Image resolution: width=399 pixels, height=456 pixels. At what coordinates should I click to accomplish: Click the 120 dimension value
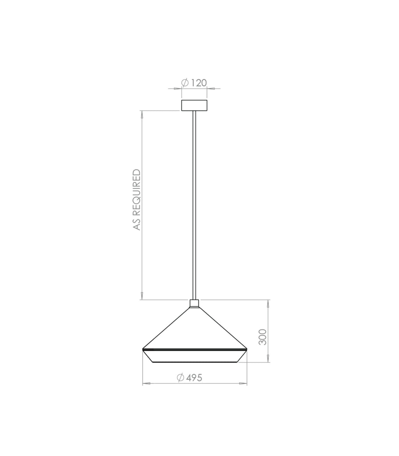pos(199,83)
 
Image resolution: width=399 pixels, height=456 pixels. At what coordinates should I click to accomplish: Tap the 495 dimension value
pos(194,378)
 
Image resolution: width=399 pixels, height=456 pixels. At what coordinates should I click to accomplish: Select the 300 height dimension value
pos(263,337)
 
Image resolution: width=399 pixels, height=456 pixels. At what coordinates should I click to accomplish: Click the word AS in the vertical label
pos(137,224)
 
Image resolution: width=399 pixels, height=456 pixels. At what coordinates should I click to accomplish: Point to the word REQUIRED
pos(137,193)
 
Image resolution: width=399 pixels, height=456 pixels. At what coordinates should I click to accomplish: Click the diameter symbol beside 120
pos(185,83)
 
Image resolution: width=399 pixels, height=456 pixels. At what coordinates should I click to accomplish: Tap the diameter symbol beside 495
pos(180,378)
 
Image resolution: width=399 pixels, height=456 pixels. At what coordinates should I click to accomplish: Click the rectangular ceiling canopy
pos(194,105)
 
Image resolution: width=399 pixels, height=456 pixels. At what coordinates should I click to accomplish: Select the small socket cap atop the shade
pos(194,304)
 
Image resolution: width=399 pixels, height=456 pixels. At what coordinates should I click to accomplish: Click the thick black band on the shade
pos(194,349)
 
